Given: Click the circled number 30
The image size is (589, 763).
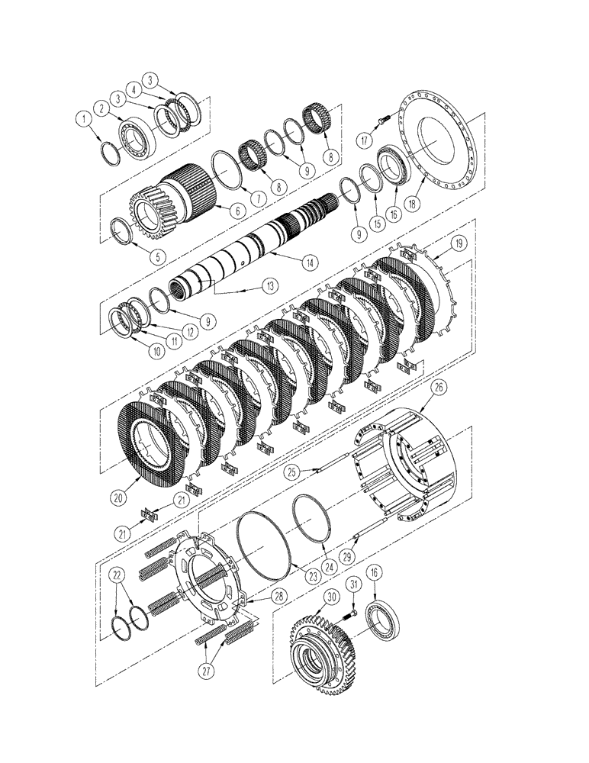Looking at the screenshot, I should [x=330, y=597].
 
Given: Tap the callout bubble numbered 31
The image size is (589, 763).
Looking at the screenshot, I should [x=353, y=584].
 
